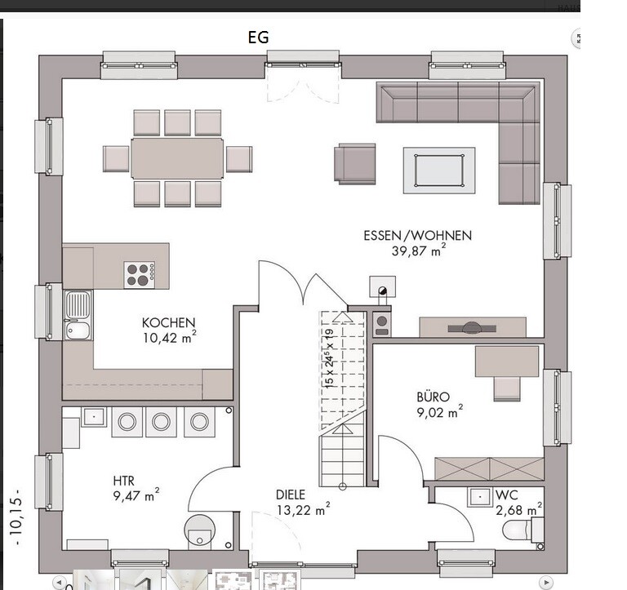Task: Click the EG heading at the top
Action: [x=258, y=38]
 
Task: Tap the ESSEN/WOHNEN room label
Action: [x=417, y=236]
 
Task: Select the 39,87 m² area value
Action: [x=419, y=251]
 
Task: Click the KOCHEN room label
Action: [x=169, y=322]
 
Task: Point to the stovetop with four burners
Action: [x=139, y=275]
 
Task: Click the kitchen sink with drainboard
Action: [x=78, y=316]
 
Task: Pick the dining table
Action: [x=177, y=158]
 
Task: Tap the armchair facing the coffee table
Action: [x=355, y=164]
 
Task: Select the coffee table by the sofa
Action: [x=439, y=171]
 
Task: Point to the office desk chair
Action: [x=507, y=388]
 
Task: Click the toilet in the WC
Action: [x=522, y=530]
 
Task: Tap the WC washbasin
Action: [x=479, y=497]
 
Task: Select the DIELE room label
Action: [x=291, y=495]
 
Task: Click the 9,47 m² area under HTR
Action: [x=136, y=495]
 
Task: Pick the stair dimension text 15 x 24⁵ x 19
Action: [x=330, y=358]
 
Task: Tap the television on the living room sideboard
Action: [x=472, y=328]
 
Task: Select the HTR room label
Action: [x=123, y=481]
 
